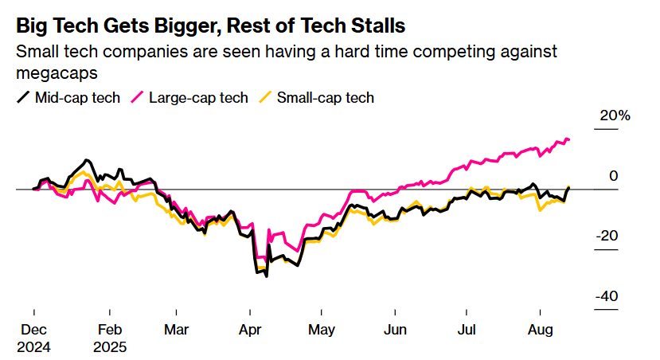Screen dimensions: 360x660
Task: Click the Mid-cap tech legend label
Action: pyautogui.click(x=78, y=98)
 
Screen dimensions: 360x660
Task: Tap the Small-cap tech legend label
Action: pyautogui.click(x=326, y=98)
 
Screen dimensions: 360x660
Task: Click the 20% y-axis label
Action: pyautogui.click(x=614, y=115)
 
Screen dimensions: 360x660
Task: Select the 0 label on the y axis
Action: pyautogui.click(x=614, y=176)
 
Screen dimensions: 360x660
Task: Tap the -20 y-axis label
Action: pyautogui.click(x=608, y=237)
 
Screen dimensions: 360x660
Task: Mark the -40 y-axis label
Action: pyautogui.click(x=608, y=296)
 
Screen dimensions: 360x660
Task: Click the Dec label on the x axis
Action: pyautogui.click(x=33, y=329)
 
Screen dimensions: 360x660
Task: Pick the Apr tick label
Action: pyautogui.click(x=251, y=329)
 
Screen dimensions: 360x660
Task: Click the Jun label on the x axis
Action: pyautogui.click(x=396, y=329)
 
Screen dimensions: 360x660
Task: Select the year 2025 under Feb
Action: pyautogui.click(x=110, y=347)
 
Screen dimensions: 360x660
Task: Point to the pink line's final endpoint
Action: pyautogui.click(x=568, y=140)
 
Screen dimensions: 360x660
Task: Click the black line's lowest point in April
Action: pyautogui.click(x=266, y=276)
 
